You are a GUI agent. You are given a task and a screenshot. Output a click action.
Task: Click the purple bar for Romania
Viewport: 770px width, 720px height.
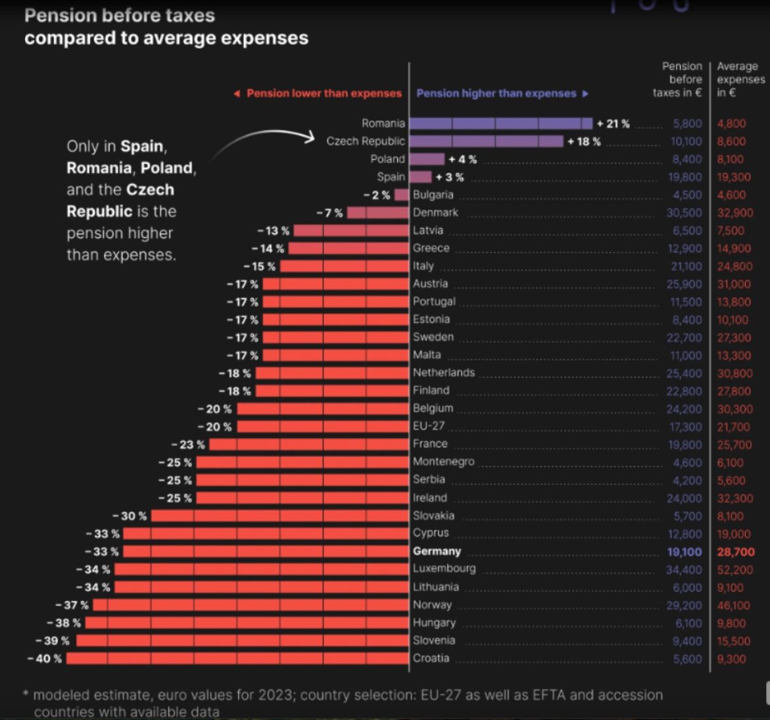(500, 123)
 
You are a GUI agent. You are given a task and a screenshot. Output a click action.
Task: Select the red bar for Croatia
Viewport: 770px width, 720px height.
(237, 658)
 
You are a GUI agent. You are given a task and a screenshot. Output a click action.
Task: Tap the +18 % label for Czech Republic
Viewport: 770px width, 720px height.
(584, 141)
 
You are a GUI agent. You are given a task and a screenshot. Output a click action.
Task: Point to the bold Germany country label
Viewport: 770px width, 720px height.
(437, 551)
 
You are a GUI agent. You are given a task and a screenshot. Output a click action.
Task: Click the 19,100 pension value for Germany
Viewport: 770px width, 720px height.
(685, 552)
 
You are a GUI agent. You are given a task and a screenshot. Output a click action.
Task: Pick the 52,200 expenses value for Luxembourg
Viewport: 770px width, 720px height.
(735, 570)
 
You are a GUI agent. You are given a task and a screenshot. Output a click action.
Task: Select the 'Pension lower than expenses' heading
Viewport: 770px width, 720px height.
(324, 93)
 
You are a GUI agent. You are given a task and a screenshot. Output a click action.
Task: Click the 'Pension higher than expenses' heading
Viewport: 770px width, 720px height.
(496, 93)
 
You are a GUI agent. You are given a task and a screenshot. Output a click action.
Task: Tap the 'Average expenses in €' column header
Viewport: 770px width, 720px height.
(739, 80)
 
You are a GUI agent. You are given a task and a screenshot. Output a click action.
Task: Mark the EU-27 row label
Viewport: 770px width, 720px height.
(429, 426)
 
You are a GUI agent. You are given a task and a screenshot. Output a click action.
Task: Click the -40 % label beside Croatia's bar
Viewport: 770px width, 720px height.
(45, 658)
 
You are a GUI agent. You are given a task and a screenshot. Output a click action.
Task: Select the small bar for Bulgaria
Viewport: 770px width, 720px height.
(401, 195)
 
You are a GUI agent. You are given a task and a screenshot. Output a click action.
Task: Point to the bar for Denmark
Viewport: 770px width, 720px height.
(377, 212)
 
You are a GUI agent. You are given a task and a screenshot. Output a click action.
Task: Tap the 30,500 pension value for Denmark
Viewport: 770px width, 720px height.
(684, 213)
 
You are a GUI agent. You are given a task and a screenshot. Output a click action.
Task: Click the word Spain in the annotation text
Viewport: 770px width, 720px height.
(143, 146)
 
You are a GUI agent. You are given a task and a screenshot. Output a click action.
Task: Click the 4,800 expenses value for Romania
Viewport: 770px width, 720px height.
(731, 124)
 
